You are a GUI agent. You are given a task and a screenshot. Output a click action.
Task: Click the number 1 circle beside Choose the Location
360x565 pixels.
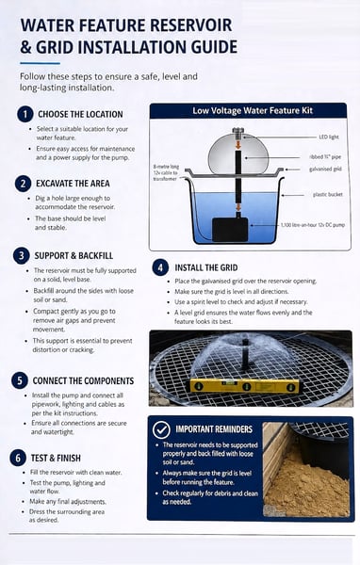(x=25, y=114)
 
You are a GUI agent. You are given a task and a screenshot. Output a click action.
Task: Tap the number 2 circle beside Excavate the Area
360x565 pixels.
(x=23, y=184)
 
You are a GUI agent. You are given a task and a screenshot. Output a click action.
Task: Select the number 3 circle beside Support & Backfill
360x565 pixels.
(x=22, y=255)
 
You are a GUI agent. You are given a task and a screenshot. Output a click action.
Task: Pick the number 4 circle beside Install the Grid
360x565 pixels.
(x=160, y=267)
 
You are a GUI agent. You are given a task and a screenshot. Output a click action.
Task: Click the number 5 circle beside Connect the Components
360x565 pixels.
(x=20, y=380)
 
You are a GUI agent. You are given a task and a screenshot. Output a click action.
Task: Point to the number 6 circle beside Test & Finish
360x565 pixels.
(x=18, y=458)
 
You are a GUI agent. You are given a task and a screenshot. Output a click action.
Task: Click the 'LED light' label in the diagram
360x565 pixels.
(x=329, y=137)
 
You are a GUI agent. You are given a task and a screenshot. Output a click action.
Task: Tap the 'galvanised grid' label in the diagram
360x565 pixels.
(x=325, y=169)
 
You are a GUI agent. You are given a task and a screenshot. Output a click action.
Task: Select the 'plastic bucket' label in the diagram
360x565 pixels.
(x=328, y=195)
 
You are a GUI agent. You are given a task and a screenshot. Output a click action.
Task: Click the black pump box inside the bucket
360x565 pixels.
(x=230, y=230)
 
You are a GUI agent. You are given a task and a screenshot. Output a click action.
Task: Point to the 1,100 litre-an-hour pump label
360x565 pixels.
(x=313, y=225)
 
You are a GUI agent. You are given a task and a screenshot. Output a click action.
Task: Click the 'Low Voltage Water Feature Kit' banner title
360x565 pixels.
(x=253, y=110)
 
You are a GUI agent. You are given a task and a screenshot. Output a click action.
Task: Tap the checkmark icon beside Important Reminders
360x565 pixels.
(x=161, y=429)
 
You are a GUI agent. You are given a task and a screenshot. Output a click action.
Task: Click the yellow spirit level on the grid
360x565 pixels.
(x=245, y=386)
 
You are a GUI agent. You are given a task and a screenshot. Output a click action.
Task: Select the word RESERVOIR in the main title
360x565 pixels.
(x=190, y=25)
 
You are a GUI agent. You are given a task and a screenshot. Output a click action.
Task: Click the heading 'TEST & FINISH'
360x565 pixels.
(x=56, y=458)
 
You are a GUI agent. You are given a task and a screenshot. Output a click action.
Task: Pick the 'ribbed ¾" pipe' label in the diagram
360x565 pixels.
(x=325, y=157)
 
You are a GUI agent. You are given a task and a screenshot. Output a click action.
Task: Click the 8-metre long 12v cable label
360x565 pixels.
(x=166, y=172)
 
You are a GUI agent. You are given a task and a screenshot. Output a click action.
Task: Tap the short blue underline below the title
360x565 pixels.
(x=40, y=63)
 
